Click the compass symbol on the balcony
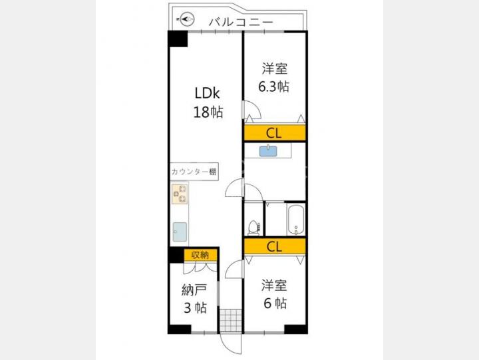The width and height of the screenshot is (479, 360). tap(187, 19)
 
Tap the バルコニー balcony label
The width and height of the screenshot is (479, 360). tap(241, 23)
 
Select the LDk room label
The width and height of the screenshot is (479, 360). tap(208, 93)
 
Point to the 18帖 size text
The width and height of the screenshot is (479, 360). tap(208, 112)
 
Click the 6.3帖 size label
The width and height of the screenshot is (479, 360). tap(273, 87)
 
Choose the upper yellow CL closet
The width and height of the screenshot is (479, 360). tap(275, 133)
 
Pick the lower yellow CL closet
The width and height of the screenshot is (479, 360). tap(275, 246)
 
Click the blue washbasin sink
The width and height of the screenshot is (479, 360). tap(268, 151)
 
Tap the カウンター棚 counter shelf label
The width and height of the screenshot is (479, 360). tap(194, 172)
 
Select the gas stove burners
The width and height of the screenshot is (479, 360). tap(180, 194)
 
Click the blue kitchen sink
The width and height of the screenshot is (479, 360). tap(180, 232)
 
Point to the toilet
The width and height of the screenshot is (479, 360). tap(253, 228)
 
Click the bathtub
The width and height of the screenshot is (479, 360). tap(295, 220)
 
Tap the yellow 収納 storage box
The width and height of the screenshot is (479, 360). tap(200, 255)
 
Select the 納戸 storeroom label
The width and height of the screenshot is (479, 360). tap(194, 289)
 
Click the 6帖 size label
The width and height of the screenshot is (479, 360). tap(275, 303)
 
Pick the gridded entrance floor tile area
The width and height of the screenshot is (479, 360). tap(231, 321)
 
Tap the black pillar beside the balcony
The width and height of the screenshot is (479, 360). tap(178, 39)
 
